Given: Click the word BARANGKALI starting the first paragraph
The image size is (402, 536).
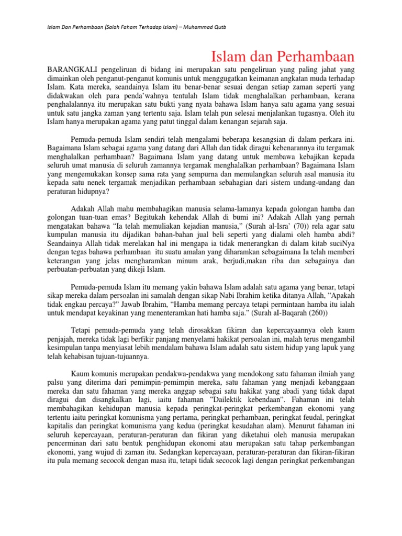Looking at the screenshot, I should [x=70, y=70].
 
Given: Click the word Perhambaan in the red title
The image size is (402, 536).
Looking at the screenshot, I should [x=317, y=56].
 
